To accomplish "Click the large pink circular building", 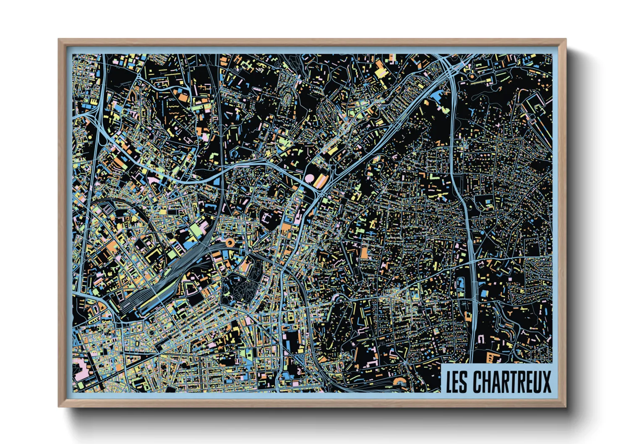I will point(309,178).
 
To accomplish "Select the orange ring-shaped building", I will point(230,242).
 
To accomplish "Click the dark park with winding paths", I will point(238,290).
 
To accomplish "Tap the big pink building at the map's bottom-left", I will point(81,372).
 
